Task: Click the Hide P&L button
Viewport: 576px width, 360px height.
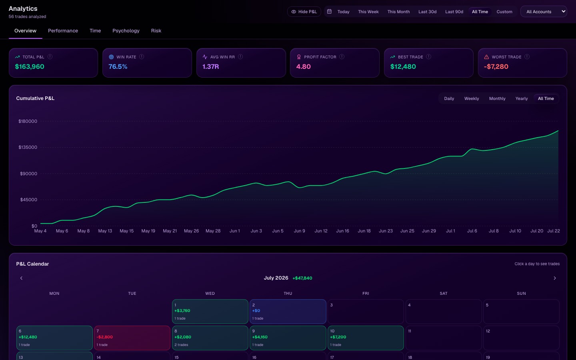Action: (x=304, y=12)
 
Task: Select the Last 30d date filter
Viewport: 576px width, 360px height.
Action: (x=427, y=12)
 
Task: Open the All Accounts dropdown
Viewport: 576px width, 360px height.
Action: (x=544, y=12)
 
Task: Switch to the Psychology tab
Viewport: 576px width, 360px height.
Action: (x=126, y=30)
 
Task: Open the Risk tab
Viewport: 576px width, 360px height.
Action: (x=156, y=30)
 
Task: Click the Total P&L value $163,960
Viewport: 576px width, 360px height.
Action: (x=30, y=66)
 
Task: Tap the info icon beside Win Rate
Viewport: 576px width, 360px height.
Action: (x=142, y=56)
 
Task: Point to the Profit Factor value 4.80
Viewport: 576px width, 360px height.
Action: (x=304, y=66)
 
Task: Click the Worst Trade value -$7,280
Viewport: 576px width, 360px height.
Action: (x=496, y=66)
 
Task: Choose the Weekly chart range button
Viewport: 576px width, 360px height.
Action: (x=472, y=98)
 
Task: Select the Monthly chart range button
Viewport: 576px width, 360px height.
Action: (x=497, y=98)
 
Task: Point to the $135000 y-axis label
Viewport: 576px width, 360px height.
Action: (x=28, y=147)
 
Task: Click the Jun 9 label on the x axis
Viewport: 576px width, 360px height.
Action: (x=299, y=231)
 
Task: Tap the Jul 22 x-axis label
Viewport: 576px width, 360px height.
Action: (x=553, y=231)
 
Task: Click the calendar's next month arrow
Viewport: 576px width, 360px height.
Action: (x=555, y=278)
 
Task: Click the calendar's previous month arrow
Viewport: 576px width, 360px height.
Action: (x=21, y=278)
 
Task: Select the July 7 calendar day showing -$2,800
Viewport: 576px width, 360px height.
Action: (x=132, y=338)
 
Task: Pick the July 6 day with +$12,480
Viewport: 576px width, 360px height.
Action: (x=54, y=338)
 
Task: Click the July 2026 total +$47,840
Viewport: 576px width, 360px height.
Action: (x=302, y=278)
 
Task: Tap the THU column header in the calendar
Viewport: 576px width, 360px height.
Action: (x=288, y=294)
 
